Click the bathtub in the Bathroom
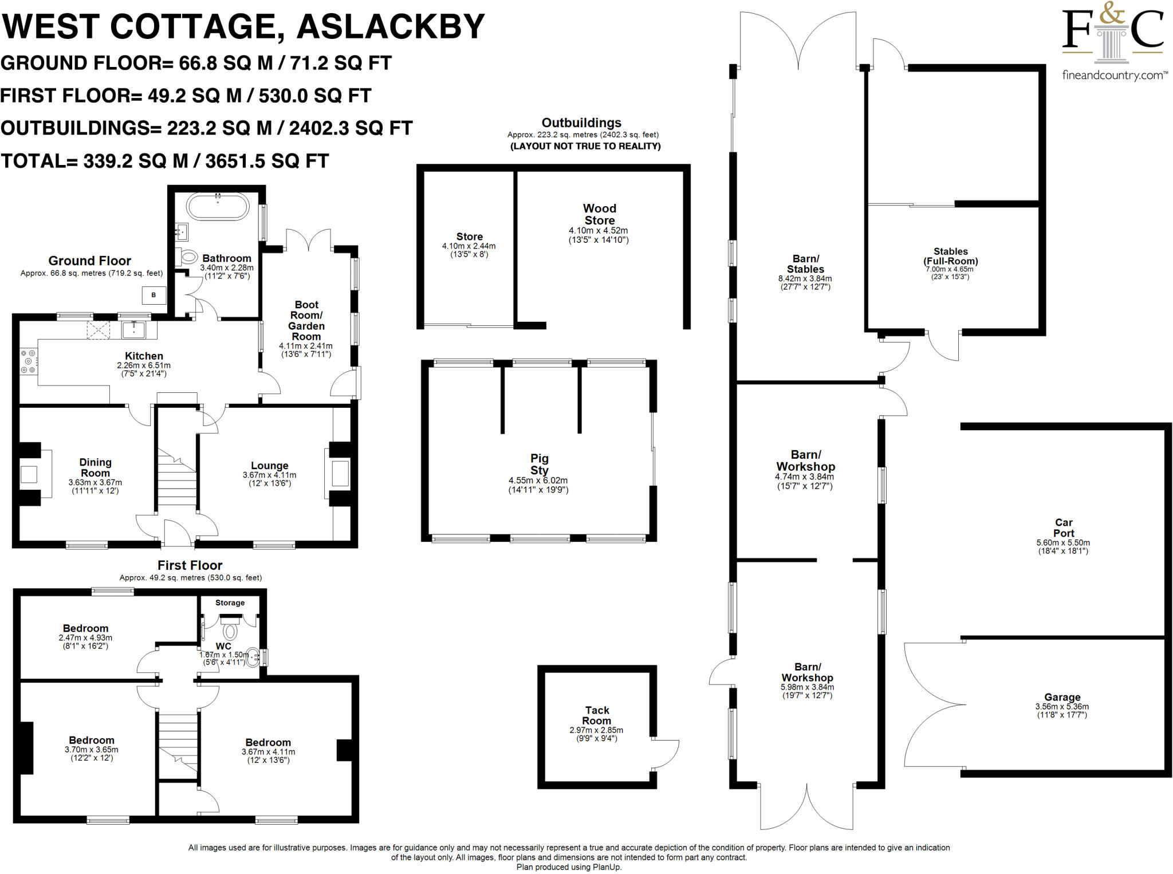218,206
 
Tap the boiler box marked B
153,295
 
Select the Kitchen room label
144,356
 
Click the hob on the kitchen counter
28,362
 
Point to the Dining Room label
95,467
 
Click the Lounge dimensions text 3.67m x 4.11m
269,475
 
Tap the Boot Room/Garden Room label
306,321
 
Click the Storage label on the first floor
230,603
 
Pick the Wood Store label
600,214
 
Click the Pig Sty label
539,464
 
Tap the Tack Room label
597,715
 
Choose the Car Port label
1064,527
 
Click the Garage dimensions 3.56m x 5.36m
1062,706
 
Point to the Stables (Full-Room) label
950,256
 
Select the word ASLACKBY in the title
391,27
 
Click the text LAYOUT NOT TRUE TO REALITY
585,146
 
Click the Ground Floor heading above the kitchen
89,261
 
